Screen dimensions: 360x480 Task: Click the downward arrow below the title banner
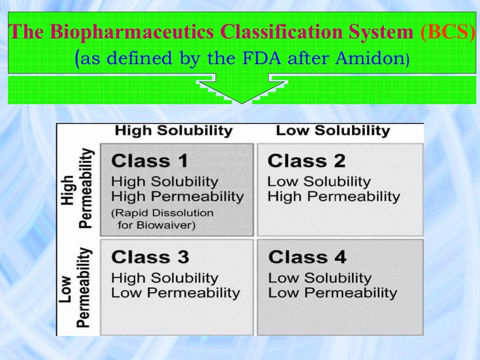(x=242, y=90)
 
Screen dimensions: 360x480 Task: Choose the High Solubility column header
(x=173, y=130)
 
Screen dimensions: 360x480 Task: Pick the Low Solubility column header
(x=333, y=130)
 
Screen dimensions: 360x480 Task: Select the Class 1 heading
(x=150, y=161)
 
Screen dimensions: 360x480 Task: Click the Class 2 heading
(x=306, y=161)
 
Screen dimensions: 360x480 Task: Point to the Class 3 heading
(x=150, y=257)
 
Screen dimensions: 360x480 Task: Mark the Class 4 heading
(x=307, y=257)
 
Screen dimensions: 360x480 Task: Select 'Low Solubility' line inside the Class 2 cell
(x=319, y=181)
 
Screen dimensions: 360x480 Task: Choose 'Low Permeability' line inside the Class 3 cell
(x=175, y=293)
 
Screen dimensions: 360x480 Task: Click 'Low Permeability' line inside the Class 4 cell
(x=332, y=293)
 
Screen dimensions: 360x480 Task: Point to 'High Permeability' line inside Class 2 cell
(x=333, y=196)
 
